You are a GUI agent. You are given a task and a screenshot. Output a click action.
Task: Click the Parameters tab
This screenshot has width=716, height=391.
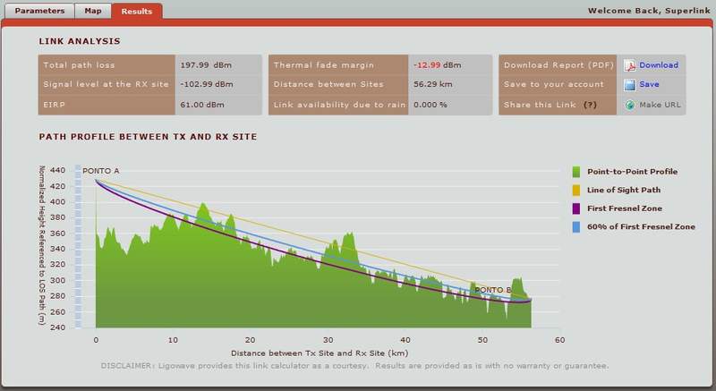[x=38, y=12]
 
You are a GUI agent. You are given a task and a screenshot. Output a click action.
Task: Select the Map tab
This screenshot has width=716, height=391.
[x=92, y=12]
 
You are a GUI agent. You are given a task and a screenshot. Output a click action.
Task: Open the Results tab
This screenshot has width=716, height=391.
[x=137, y=12]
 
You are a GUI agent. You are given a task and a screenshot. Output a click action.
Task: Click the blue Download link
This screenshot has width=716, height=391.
[x=658, y=65]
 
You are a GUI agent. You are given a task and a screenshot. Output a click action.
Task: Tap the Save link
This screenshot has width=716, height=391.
[x=649, y=84]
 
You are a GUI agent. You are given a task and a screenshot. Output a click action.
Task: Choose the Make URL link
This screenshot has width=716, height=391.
[x=660, y=104]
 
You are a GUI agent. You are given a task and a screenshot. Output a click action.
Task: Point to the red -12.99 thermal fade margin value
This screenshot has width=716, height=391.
[x=426, y=65]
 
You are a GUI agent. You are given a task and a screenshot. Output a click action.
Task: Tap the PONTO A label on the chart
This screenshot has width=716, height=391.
[x=101, y=170]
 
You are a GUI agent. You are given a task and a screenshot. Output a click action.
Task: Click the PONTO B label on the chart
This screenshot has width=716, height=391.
[x=493, y=290]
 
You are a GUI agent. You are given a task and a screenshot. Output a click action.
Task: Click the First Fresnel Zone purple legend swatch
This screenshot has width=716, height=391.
[x=577, y=208]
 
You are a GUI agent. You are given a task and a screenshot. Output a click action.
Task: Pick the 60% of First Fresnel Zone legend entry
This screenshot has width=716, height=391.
[x=640, y=227]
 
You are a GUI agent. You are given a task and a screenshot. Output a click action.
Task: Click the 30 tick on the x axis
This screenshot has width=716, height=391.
[x=328, y=340]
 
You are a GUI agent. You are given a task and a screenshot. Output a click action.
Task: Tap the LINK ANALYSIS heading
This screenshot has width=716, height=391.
[x=80, y=41]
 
